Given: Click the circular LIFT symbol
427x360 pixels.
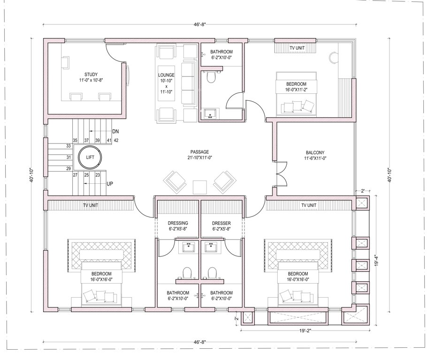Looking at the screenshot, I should (90, 157).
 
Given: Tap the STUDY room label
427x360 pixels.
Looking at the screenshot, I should (91, 74).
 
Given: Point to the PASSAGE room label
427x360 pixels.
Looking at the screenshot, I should (199, 151).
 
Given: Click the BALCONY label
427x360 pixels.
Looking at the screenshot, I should (315, 152).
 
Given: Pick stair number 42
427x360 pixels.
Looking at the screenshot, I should (115, 140).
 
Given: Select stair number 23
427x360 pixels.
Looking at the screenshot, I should (98, 175).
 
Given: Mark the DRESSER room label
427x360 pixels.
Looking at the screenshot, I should (222, 223).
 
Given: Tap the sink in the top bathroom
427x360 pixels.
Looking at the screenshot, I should (210, 112).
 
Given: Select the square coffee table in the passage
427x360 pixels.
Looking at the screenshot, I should (199, 186).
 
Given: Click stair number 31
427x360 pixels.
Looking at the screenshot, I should (69, 157).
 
